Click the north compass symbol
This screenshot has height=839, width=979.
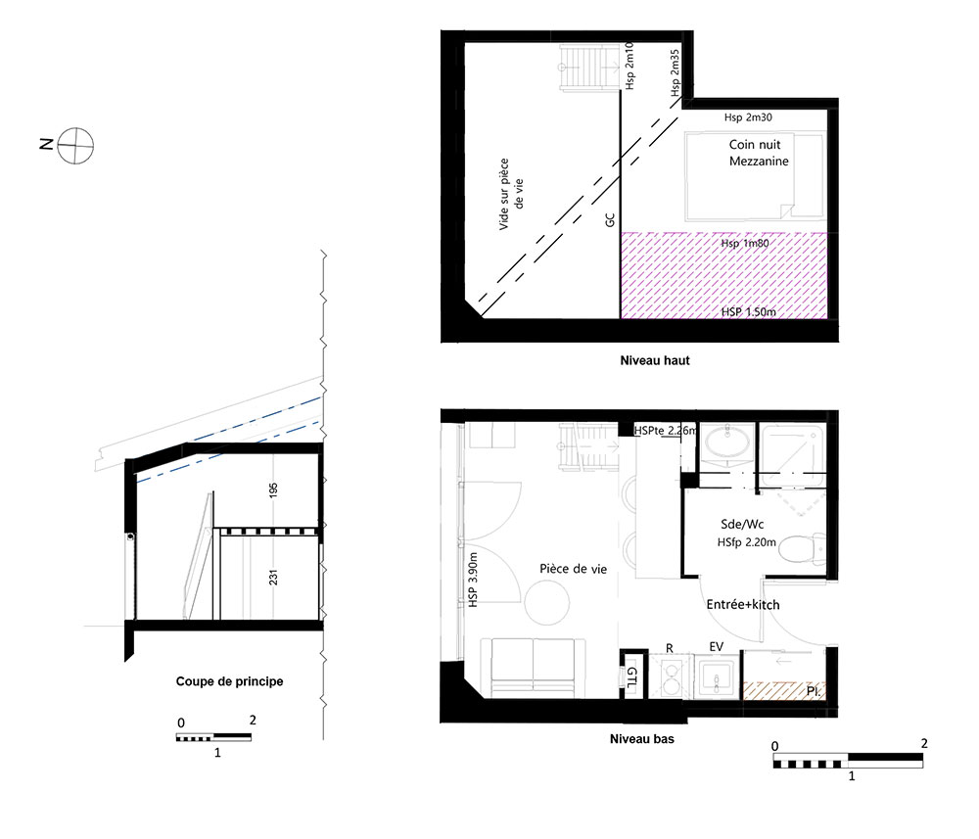pyautogui.click(x=75, y=146)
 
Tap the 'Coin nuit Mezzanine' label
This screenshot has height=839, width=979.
pyautogui.click(x=759, y=153)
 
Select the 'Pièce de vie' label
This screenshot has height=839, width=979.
pyautogui.click(x=573, y=569)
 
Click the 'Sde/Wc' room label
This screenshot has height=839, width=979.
pyautogui.click(x=742, y=525)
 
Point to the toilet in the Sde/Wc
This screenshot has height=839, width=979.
pyautogui.click(x=804, y=548)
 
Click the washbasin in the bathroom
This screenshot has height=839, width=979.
pyautogui.click(x=727, y=444)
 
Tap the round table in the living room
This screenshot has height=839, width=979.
pyautogui.click(x=547, y=603)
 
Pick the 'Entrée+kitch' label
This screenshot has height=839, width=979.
pyautogui.click(x=743, y=604)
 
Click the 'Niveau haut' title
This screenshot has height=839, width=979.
pyautogui.click(x=655, y=360)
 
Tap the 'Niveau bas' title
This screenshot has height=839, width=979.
pyautogui.click(x=642, y=738)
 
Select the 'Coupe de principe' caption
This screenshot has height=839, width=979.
pyautogui.click(x=229, y=681)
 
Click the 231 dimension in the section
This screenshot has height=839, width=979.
pyautogui.click(x=273, y=578)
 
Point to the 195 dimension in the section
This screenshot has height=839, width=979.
pyautogui.click(x=273, y=490)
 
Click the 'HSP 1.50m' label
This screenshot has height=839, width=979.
pyautogui.click(x=749, y=311)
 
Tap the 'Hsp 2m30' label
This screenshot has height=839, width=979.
pyautogui.click(x=748, y=117)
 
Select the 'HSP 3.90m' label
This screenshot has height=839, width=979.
pyautogui.click(x=473, y=580)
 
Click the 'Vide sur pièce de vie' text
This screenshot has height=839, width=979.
pyautogui.click(x=511, y=194)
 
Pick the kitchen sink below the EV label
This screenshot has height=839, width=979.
pyautogui.click(x=717, y=676)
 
